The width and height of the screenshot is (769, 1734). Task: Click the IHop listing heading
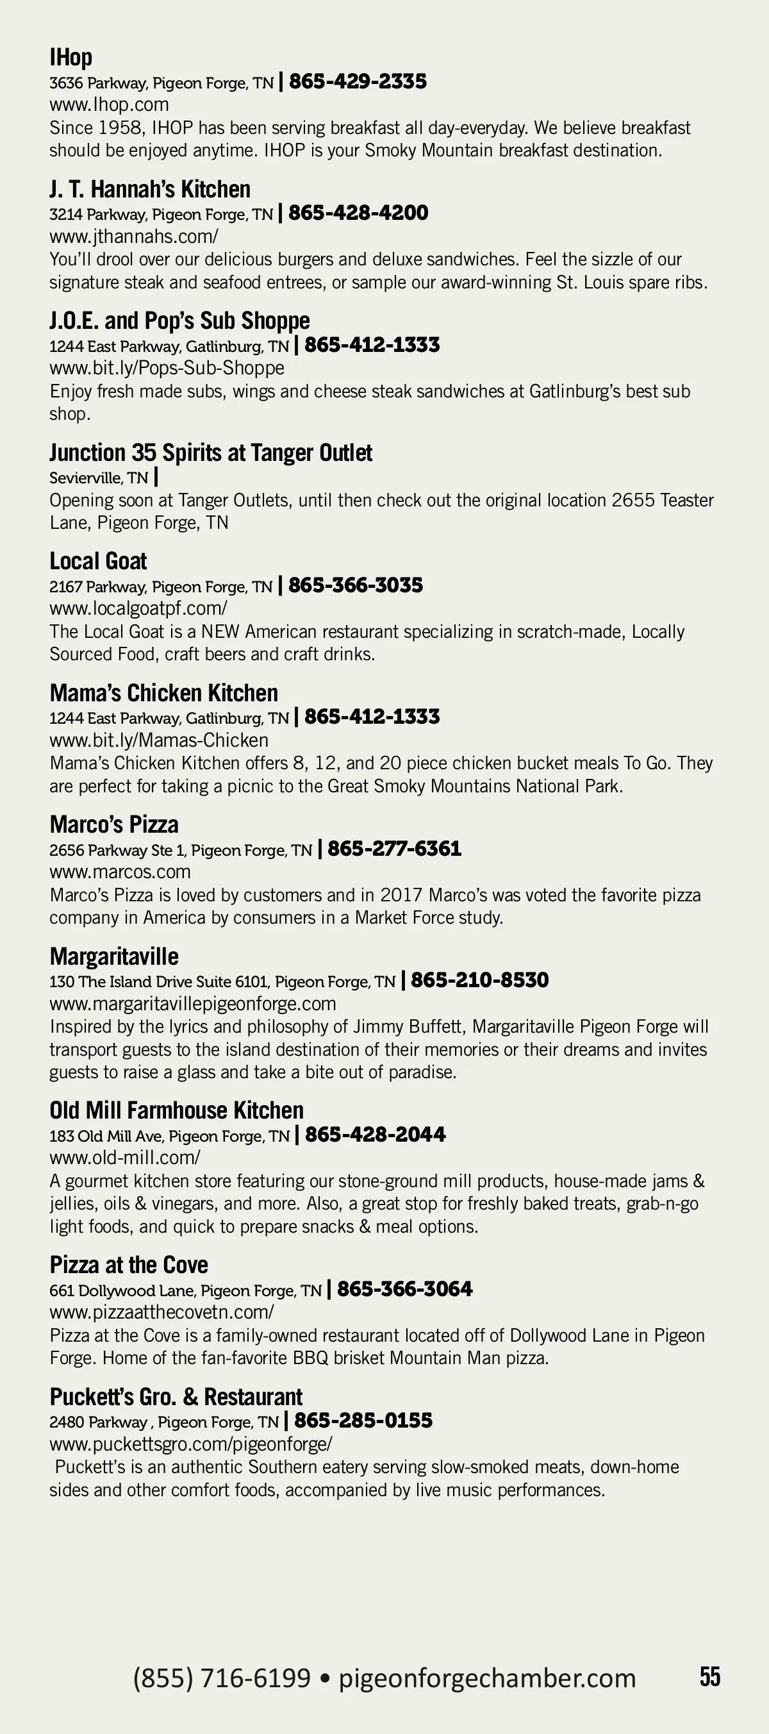pos(70,58)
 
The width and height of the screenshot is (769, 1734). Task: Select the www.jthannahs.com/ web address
pos(133,237)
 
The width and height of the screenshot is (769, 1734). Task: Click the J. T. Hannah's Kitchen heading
pos(149,189)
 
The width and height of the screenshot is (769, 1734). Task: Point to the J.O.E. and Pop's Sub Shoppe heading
pos(179,321)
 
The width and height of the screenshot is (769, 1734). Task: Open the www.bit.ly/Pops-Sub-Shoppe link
pos(166,367)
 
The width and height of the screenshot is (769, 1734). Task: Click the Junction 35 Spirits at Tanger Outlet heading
pos(210,453)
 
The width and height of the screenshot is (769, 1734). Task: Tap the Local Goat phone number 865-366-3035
pos(355,585)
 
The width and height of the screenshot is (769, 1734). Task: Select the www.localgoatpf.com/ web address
pos(138,608)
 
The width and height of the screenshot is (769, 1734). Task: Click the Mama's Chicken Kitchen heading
pos(163,693)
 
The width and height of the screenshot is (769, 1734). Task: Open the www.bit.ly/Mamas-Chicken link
pos(158,740)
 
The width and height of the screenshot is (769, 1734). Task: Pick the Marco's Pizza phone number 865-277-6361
pos(394,848)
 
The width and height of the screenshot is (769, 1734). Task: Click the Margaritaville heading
pos(113,956)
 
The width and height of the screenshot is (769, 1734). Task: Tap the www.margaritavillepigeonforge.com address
pos(192,1003)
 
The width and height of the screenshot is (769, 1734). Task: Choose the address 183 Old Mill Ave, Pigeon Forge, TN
pos(169,1137)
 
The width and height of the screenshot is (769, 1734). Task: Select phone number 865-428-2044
pos(375,1134)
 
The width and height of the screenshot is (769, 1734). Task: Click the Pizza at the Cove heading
pos(129,1265)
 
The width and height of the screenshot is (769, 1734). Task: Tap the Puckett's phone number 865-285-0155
pos(363,1421)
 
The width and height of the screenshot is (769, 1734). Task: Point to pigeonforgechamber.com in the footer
pos(486,1678)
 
